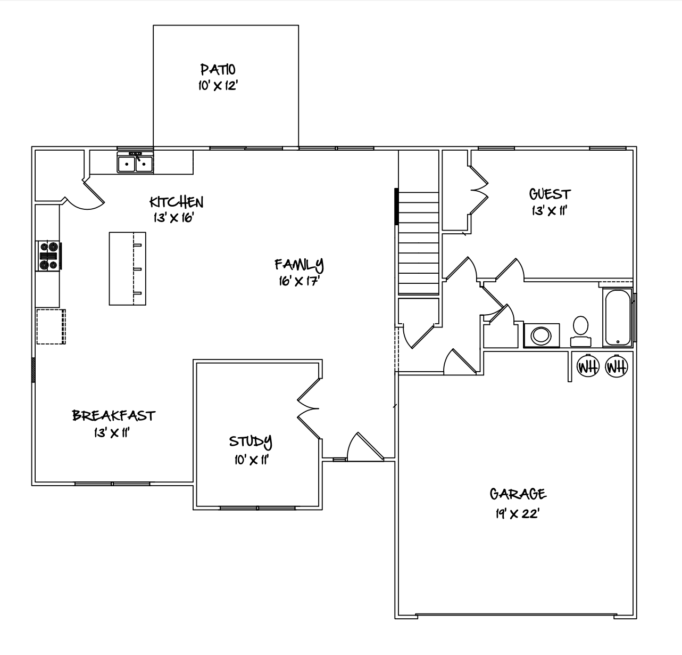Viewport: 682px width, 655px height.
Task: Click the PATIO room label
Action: click(218, 69)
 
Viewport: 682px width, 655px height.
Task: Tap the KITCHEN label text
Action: click(176, 202)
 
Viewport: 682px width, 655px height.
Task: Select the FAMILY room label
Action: click(299, 265)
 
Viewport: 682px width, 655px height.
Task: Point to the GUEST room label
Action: click(550, 194)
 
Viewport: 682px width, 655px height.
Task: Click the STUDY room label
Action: click(251, 441)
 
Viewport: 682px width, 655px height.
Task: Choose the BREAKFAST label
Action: click(113, 416)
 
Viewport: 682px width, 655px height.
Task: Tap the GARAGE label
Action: click(518, 494)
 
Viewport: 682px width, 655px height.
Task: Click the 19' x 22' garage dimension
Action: click(517, 514)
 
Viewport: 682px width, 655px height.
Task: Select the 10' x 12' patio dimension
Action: click(218, 86)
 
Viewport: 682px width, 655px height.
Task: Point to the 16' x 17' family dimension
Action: click(299, 281)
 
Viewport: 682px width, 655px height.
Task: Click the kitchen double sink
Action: click(135, 162)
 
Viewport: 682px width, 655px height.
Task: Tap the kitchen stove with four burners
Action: click(48, 256)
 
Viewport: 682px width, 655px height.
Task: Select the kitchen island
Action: click(128, 268)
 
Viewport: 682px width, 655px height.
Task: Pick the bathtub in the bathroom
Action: click(618, 317)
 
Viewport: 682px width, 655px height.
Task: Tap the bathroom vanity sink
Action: click(542, 335)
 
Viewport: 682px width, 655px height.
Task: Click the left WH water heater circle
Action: click(588, 366)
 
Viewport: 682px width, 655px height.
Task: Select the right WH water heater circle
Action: click(617, 366)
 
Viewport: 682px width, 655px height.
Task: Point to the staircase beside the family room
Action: click(419, 243)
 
